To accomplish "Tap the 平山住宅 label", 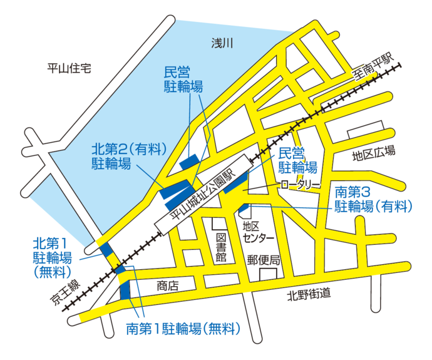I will click(x=70, y=68).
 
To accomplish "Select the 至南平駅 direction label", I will click(x=375, y=68).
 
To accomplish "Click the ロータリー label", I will click(x=300, y=185).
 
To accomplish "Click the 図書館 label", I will click(x=220, y=247).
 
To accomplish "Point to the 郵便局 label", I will click(x=262, y=259).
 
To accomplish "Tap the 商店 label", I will click(x=167, y=285).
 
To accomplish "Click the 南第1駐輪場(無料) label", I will click(x=183, y=328).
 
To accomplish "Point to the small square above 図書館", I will click(x=217, y=224).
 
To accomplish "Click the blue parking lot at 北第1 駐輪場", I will click(x=106, y=249).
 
